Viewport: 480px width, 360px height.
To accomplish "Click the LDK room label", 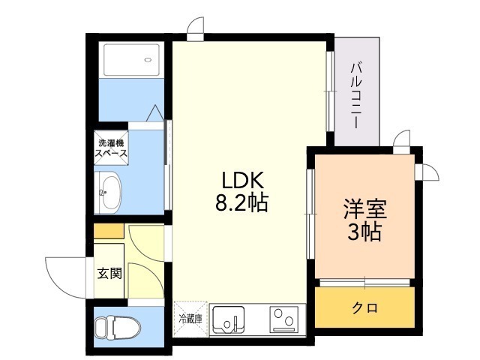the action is [242, 180].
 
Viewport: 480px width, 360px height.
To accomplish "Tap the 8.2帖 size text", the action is [241, 202].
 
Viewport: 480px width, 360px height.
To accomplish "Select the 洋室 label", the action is [365, 208].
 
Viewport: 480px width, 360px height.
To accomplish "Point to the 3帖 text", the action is [364, 232].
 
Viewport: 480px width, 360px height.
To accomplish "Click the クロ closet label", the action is [365, 307].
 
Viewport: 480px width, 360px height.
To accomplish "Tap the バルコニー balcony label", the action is [356, 95].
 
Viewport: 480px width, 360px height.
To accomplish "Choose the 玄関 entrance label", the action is [109, 273].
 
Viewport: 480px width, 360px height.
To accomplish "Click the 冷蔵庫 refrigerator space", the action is [191, 319].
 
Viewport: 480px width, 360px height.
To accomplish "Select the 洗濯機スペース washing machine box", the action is [111, 148].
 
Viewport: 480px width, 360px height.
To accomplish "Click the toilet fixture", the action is [117, 327].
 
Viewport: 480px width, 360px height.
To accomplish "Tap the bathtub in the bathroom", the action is [132, 60].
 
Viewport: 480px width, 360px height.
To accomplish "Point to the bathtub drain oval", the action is [148, 60].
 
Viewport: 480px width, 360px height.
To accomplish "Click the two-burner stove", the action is [284, 319].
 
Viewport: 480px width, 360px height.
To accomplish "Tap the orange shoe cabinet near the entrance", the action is [109, 232].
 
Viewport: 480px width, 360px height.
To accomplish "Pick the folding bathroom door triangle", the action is [155, 113].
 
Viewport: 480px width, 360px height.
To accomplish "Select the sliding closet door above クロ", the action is [365, 282].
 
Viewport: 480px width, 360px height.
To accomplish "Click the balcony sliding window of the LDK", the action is [330, 91].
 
